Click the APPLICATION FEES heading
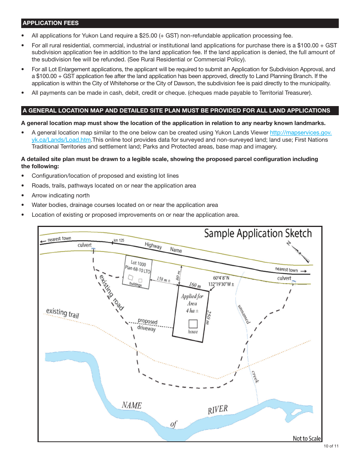[51, 23]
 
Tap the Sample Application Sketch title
[258, 233]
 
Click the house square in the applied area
[193, 324]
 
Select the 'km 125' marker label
[119, 241]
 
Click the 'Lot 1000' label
[138, 263]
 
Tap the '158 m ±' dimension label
[163, 280]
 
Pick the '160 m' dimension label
[195, 285]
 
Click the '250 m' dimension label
[208, 317]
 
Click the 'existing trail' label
[63, 313]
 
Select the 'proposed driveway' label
[147, 325]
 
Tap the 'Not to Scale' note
[307, 438]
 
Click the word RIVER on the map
[218, 410]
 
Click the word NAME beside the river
[132, 405]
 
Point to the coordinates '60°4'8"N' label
[221, 278]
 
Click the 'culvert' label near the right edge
[284, 278]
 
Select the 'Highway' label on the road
[153, 246]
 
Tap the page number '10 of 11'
[331, 446]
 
